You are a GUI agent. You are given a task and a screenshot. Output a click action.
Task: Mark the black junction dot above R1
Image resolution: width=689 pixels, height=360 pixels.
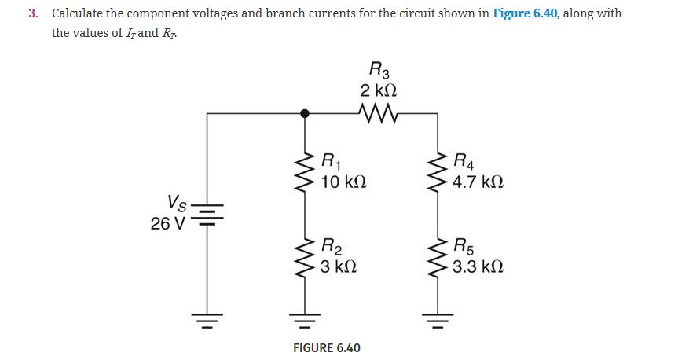pyautogui.click(x=306, y=113)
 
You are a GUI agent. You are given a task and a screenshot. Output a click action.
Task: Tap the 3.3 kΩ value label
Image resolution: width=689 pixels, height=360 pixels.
pyautogui.click(x=478, y=266)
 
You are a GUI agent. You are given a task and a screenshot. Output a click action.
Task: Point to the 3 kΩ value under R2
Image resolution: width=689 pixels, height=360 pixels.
pyautogui.click(x=339, y=266)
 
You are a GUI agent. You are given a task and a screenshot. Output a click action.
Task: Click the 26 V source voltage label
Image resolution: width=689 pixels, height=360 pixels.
pyautogui.click(x=167, y=223)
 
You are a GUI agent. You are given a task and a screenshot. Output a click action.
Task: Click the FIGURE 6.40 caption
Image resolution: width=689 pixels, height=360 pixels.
pyautogui.click(x=326, y=347)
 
